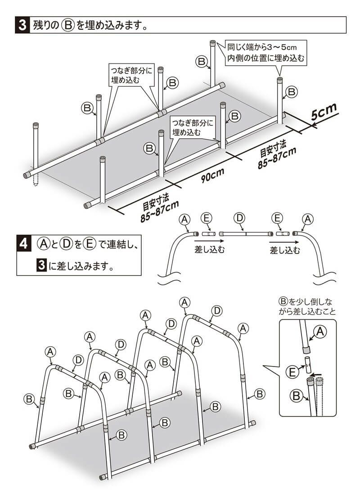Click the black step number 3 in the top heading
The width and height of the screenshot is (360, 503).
coord(22,25)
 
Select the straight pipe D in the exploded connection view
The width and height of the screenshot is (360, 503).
coord(246,234)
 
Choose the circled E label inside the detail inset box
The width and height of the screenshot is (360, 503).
coord(292,372)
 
